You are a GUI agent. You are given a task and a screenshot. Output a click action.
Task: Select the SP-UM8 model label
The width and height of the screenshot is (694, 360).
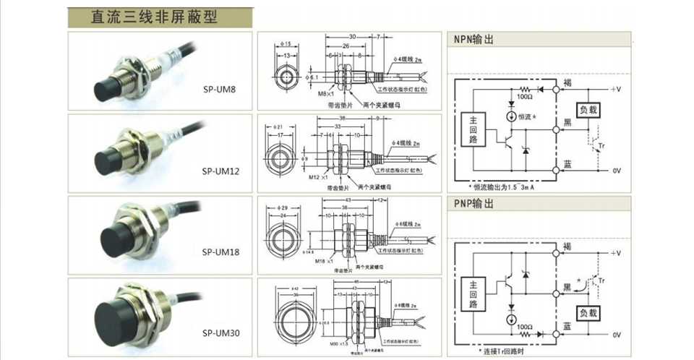tap(219, 90)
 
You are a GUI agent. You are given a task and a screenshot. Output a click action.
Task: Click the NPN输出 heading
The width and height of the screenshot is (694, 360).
tap(474, 40)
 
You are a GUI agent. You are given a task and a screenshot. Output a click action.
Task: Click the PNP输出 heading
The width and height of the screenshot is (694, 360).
tap(474, 205)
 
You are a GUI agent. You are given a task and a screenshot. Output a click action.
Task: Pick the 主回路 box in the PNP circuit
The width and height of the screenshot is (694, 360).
tap(474, 291)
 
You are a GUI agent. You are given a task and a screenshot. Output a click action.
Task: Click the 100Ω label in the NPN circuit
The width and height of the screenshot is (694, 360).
tap(523, 96)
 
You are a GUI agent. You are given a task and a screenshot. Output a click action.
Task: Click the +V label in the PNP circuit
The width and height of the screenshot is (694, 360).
tap(615, 254)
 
